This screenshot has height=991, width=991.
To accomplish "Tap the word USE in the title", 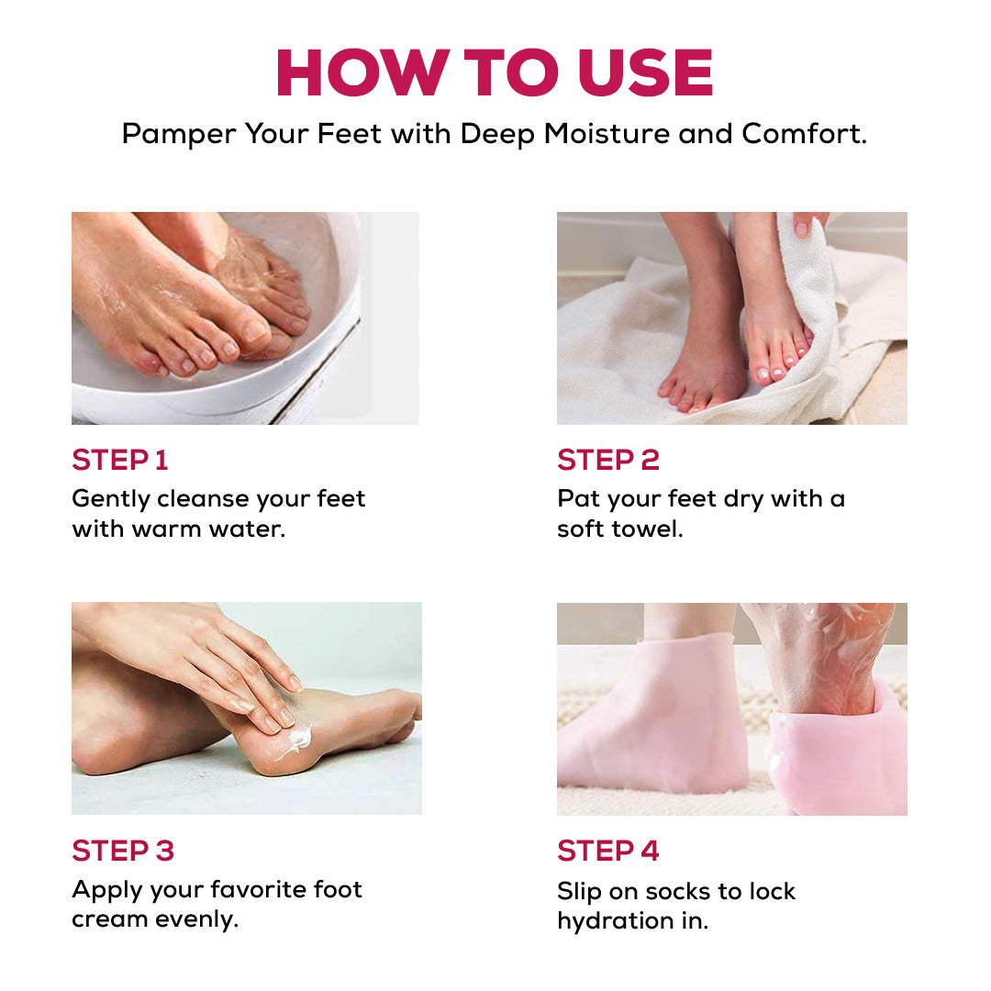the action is pyautogui.click(x=645, y=72).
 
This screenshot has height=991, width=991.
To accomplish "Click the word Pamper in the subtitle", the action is pyautogui.click(x=179, y=135).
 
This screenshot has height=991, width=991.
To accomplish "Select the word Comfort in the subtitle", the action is pyautogui.click(x=804, y=133).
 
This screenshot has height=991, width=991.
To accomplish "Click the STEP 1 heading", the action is pyautogui.click(x=120, y=460).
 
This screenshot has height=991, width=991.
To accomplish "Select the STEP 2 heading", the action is pyautogui.click(x=608, y=460).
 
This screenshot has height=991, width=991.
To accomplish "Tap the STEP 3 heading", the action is pyautogui.click(x=123, y=851).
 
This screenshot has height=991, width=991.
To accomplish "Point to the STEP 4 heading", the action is pyautogui.click(x=608, y=851).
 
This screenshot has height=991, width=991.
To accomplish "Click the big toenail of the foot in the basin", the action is pyautogui.click(x=255, y=330).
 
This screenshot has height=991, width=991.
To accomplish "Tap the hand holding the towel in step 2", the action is pyautogui.click(x=809, y=222).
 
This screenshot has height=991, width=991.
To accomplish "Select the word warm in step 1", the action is pyautogui.click(x=167, y=529).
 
